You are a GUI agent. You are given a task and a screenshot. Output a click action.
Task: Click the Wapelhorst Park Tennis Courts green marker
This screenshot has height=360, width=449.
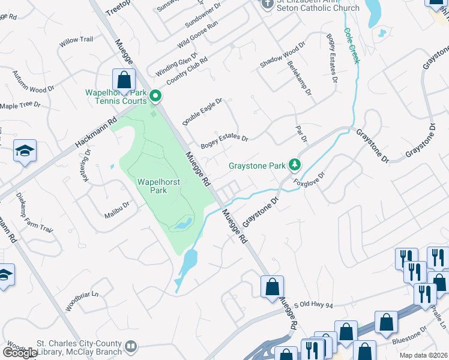155,95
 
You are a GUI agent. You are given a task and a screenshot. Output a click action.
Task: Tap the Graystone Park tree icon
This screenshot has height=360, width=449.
294,164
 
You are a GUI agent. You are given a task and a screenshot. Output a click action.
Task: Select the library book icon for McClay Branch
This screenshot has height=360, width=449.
130,346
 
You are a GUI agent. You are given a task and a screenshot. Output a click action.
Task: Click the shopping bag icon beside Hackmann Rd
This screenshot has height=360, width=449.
123,80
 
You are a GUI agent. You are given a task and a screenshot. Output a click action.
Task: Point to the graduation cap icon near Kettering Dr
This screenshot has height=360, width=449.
25,151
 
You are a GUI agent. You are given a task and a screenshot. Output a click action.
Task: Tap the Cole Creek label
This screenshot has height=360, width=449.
351,46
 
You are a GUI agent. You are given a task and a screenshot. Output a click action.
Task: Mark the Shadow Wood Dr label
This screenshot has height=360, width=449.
282,55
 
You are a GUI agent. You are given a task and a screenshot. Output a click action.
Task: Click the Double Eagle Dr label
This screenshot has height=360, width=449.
203,112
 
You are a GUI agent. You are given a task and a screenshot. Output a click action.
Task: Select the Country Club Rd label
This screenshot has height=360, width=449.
187,71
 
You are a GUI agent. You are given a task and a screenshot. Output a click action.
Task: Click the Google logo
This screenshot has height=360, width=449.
20,352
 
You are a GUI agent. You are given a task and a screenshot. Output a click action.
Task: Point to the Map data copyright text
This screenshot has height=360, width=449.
424,355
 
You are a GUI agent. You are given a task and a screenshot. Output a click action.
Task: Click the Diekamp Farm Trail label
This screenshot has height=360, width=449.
35,214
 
